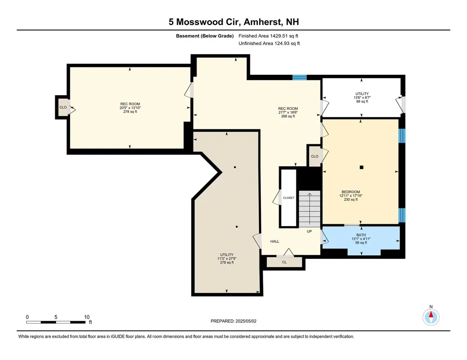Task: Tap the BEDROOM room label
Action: click(351, 192)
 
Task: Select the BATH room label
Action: click(361, 235)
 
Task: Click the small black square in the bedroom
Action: click(362, 167)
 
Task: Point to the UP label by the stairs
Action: click(310, 231)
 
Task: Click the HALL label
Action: click(275, 242)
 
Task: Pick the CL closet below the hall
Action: click(284, 262)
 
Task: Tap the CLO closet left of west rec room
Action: click(63, 108)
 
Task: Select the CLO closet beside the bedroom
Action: click(314, 156)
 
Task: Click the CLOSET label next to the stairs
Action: click(289, 198)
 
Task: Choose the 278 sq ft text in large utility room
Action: click(227, 262)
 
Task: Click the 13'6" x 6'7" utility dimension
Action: click(362, 98)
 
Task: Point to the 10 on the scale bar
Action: click(87, 317)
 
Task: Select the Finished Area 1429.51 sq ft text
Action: click(269, 36)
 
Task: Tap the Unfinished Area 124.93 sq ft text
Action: click(269, 43)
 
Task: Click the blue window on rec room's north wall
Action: click(299, 77)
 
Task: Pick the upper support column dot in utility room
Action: click(234, 167)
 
